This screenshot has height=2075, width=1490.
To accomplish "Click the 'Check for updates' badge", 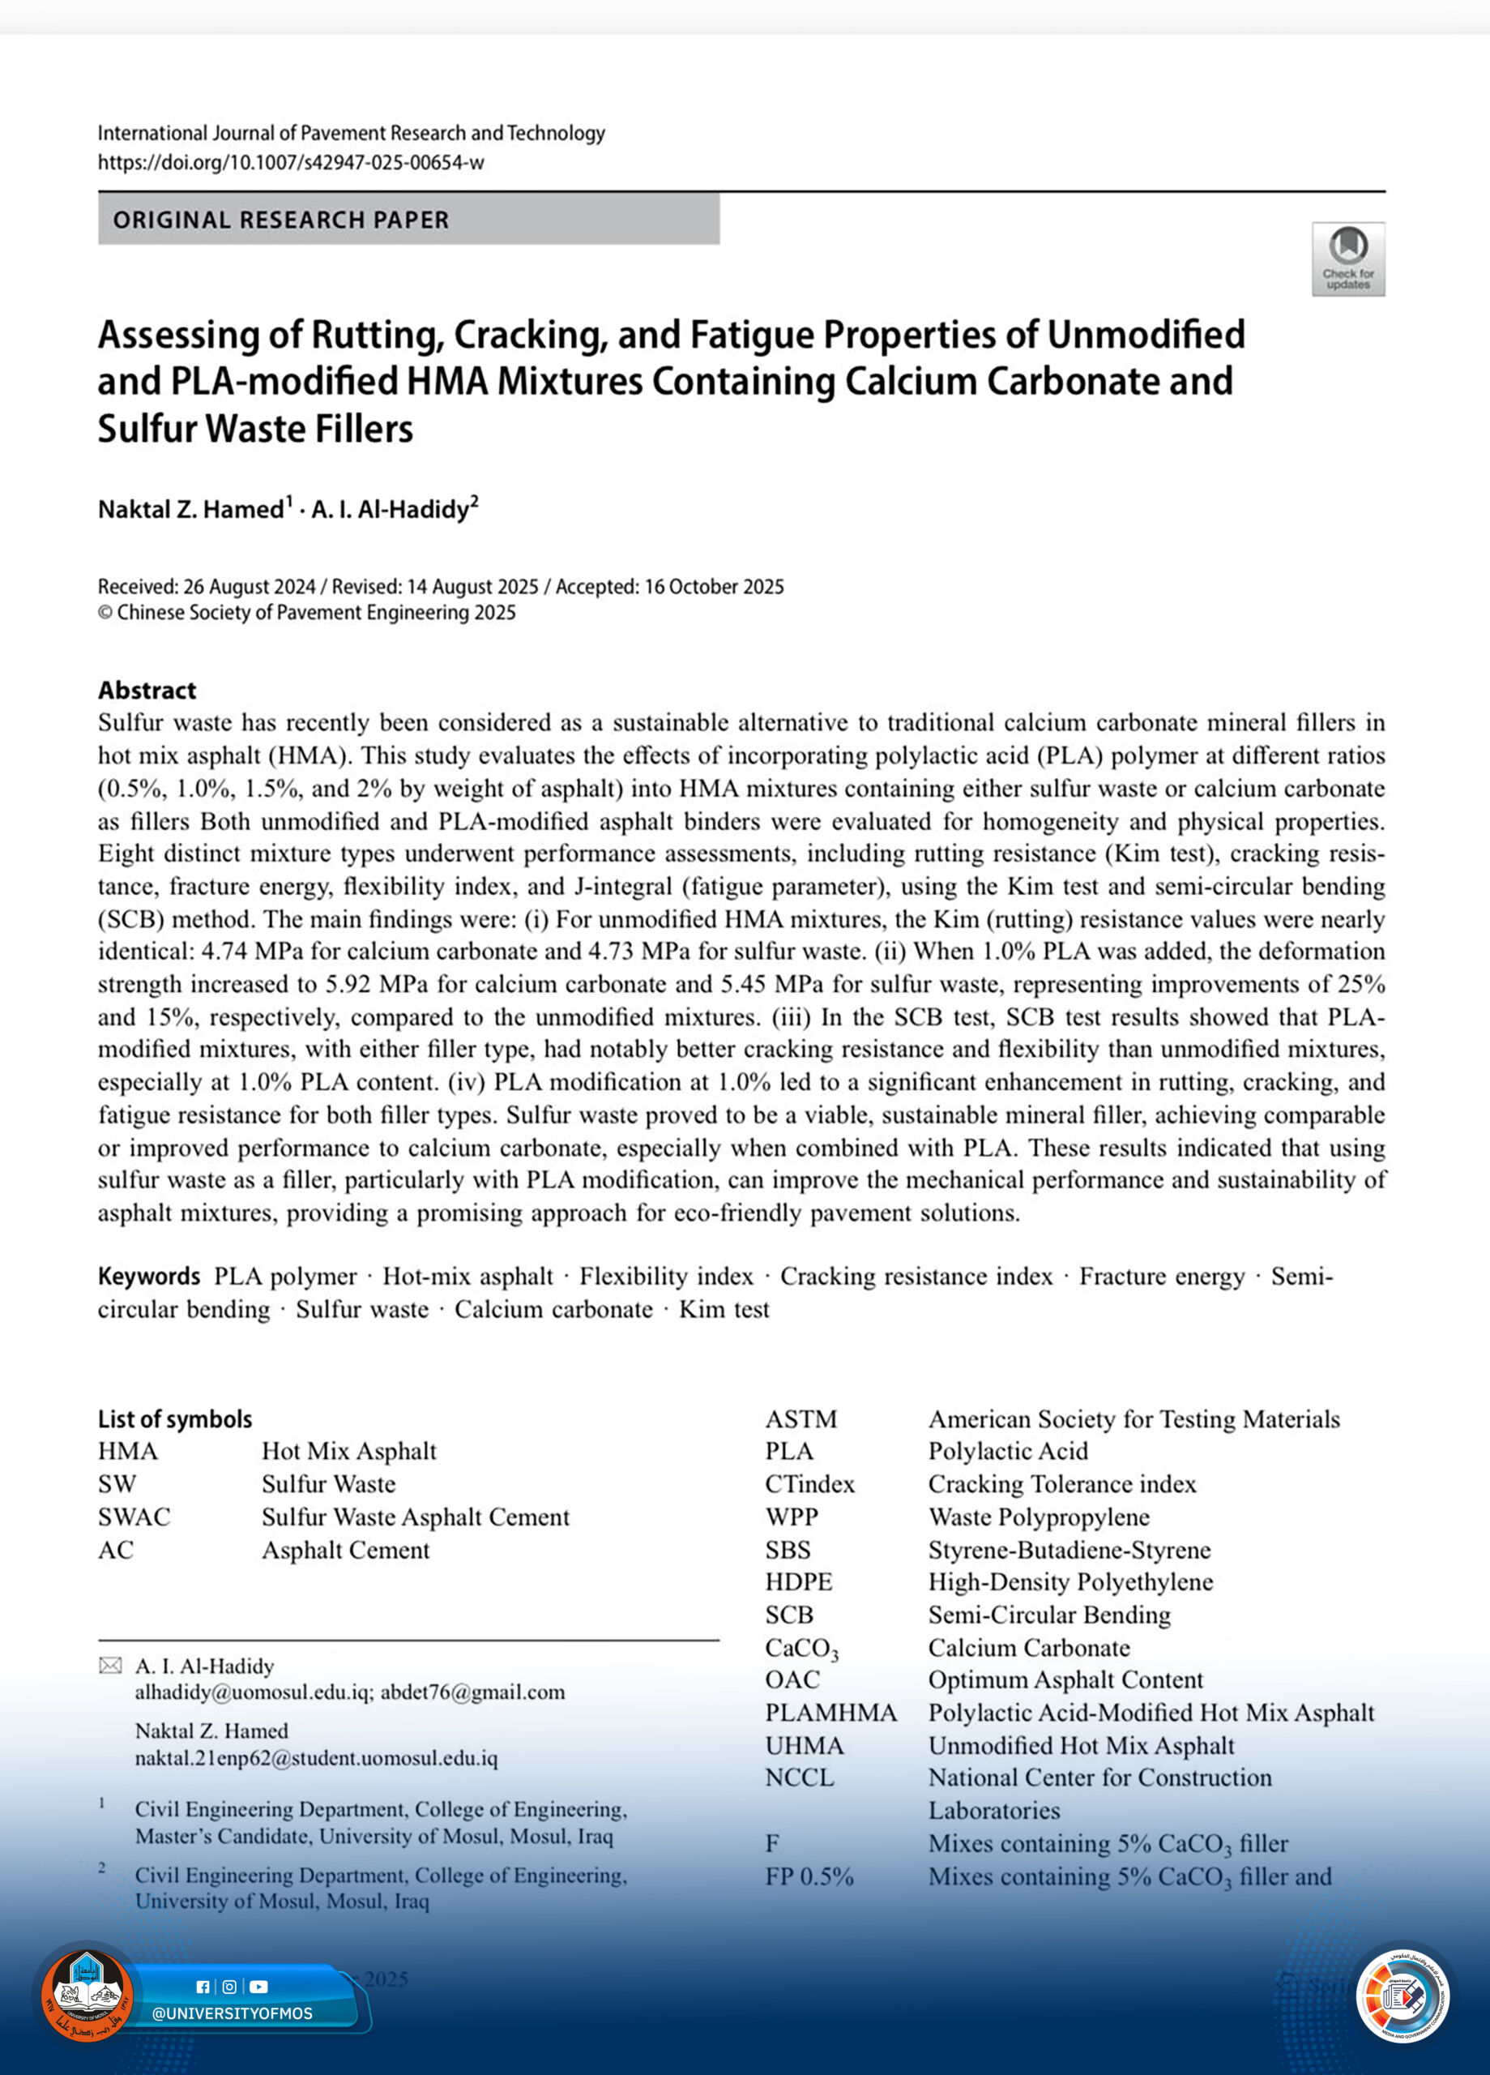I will (x=1347, y=259).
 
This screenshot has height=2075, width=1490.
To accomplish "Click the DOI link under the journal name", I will (x=290, y=163).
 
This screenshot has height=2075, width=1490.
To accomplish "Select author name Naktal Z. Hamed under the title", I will (x=191, y=510).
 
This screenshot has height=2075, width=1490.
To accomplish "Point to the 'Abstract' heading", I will (x=147, y=690).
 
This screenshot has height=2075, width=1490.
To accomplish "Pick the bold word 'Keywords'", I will (x=148, y=1277).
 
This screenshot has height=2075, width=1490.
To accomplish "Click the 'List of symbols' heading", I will (x=175, y=1419).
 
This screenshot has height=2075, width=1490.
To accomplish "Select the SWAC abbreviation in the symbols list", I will (x=134, y=1517).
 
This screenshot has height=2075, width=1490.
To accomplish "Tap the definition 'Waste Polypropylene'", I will (x=1038, y=1517).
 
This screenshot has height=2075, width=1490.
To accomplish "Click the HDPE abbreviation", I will (x=799, y=1582).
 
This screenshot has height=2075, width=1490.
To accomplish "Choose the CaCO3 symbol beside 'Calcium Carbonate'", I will (x=801, y=1649).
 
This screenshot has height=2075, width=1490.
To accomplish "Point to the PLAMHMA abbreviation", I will (x=830, y=1713).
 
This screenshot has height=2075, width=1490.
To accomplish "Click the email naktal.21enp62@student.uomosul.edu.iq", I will (x=315, y=1758).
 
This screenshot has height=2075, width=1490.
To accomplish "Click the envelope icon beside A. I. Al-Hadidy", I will (x=109, y=1666).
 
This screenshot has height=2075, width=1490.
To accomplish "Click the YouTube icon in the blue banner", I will (x=258, y=1987).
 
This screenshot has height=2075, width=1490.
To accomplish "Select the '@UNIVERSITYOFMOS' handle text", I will (x=233, y=2013).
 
